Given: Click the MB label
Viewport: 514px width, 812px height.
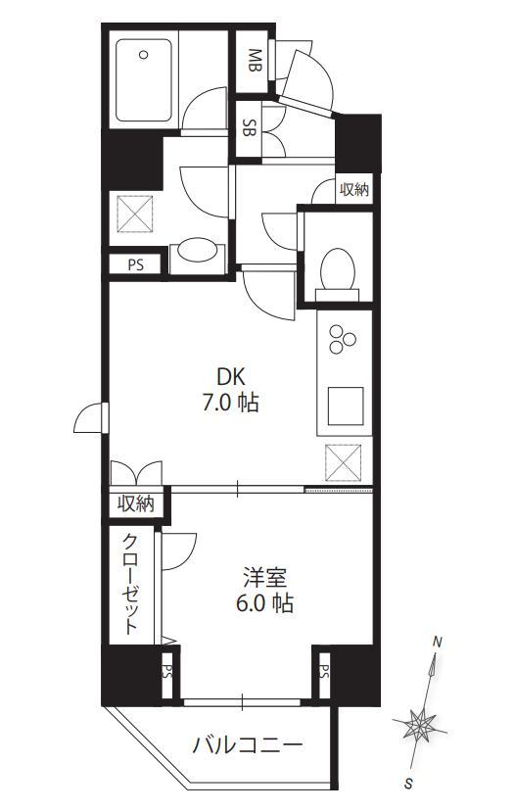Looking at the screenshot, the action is [255, 61].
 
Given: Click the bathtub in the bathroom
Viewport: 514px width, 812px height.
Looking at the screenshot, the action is [143, 80].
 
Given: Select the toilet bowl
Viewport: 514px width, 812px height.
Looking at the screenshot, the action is [338, 273].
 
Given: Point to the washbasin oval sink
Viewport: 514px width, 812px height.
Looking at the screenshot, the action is [197, 249].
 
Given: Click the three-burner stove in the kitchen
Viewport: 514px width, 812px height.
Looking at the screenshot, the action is [343, 339].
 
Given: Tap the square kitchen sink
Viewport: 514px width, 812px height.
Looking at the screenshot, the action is [346, 406].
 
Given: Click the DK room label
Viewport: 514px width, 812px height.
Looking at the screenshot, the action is [230, 377].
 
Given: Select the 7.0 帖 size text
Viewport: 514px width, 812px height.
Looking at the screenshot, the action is [230, 403].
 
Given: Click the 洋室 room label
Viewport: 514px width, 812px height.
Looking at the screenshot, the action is [265, 577].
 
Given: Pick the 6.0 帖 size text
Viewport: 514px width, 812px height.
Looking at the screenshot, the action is [264, 603].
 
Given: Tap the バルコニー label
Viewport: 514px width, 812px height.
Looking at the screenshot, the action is [247, 745].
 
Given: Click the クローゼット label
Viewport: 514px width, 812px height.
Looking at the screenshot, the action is [131, 585].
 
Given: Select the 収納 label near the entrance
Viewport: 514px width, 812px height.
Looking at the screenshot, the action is [354, 190].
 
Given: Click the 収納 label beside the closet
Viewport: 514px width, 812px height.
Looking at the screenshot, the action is [136, 503].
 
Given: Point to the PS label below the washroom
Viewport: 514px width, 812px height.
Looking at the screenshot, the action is [136, 265].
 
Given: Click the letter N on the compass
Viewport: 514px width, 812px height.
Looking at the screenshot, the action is [438, 643].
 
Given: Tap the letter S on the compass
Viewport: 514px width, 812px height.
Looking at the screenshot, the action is [408, 784].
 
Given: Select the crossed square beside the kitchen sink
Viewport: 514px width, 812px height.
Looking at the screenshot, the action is [343, 462].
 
